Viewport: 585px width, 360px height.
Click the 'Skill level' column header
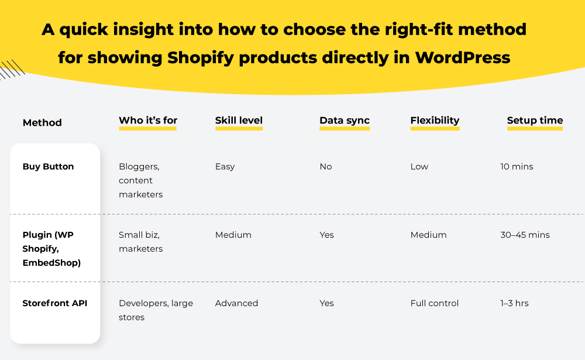pos(239,121)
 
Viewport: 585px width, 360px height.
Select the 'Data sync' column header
pos(344,121)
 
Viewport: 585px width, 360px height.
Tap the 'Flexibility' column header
pos(435,121)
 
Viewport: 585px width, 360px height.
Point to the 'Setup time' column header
pos(535,121)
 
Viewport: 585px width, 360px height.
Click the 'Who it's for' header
pos(148,121)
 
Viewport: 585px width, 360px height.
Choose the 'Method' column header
pos(42,123)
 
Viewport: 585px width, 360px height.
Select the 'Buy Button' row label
pos(48,167)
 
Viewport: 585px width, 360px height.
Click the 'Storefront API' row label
pos(54,303)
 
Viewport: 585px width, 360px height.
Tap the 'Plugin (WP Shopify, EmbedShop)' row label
pos(51,249)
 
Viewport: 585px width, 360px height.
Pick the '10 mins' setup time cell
pos(517,167)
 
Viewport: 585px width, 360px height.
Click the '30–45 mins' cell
pos(525,235)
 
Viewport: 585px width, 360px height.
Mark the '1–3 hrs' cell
pos(514,303)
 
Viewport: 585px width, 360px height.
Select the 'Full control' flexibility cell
pos(435,303)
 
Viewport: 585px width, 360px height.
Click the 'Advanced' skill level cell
pos(236,303)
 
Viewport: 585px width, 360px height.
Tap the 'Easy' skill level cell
pos(225,167)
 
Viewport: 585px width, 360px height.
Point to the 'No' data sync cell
pos(326,167)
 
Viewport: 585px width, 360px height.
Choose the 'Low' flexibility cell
pos(419,167)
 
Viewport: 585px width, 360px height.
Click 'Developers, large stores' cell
pos(156,310)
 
